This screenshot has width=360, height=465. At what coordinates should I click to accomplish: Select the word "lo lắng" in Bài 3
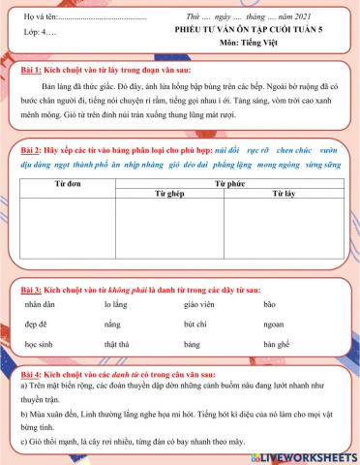click(115, 303)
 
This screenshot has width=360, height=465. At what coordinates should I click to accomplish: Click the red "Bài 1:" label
click(34, 73)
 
